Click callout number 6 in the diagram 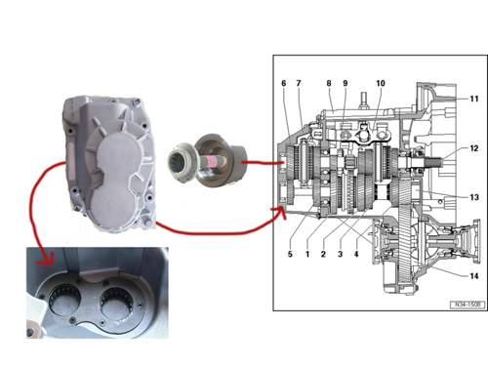pos(284,83)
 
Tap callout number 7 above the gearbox pos(299,83)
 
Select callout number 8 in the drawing pos(329,83)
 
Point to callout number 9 pos(346,83)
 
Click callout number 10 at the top pos(381,83)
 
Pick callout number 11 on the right pos(474,99)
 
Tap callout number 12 pos(474,148)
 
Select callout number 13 pos(474,197)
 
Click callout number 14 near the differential pos(474,276)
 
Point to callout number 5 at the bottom pos(290,254)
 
